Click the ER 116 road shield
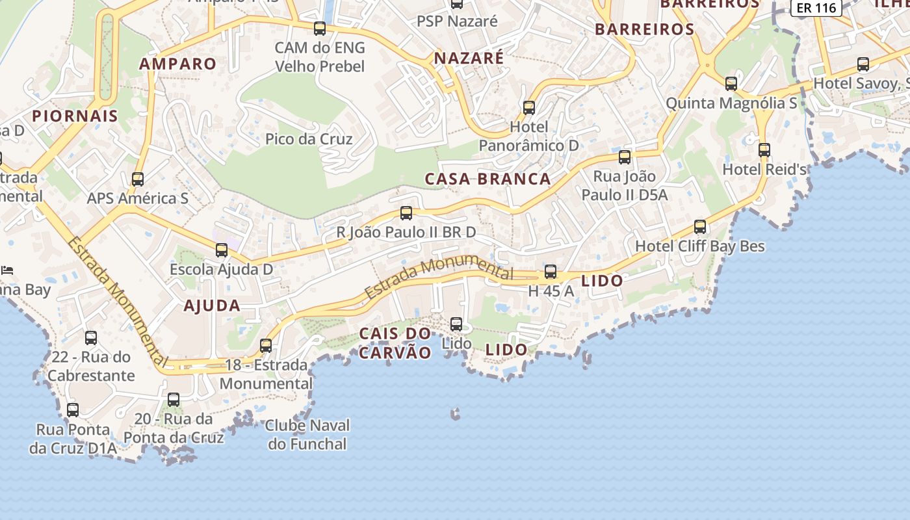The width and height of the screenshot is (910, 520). [816, 8]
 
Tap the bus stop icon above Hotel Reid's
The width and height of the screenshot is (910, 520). [764, 150]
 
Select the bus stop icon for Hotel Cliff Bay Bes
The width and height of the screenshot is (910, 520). [700, 227]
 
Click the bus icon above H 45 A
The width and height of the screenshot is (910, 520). [551, 272]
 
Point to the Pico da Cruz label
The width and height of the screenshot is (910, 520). [309, 139]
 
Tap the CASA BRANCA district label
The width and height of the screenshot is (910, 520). [487, 179]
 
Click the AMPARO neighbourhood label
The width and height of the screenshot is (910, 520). [177, 64]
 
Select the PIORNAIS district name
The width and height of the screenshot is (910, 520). [75, 116]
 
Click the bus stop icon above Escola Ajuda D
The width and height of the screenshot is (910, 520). [222, 250]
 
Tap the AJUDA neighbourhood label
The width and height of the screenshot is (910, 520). [212, 305]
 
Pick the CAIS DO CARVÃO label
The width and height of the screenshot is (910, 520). [395, 344]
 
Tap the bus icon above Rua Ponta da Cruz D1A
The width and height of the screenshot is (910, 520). [73, 410]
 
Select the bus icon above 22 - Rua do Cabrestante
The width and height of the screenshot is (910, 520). [91, 338]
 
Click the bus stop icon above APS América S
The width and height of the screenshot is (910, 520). [138, 179]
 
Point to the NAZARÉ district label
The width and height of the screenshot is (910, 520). [469, 58]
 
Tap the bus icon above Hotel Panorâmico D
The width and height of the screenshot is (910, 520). [529, 108]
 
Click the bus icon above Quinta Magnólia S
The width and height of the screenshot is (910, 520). [731, 84]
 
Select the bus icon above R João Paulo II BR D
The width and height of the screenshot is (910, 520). [406, 213]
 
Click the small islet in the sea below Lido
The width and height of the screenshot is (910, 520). [456, 413]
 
